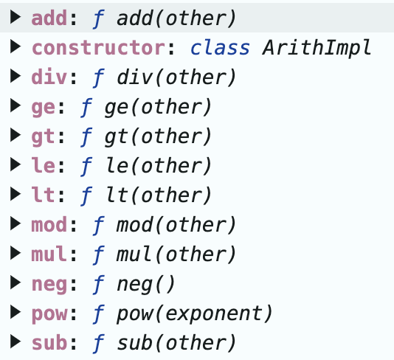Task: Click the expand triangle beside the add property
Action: click(x=15, y=17)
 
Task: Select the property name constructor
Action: click(x=98, y=48)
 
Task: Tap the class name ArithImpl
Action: click(x=317, y=48)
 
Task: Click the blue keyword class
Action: click(x=220, y=47)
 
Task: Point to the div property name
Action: click(x=49, y=77)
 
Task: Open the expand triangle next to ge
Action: click(x=15, y=105)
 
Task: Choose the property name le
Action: click(x=44, y=165)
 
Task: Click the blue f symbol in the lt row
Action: click(x=86, y=195)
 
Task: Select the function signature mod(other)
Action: click(x=176, y=224)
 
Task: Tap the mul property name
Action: click(x=49, y=254)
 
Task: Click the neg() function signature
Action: click(x=145, y=285)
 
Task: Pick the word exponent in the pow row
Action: click(x=213, y=314)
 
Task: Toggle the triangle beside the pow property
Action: click(x=15, y=312)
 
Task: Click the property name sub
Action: click(x=49, y=342)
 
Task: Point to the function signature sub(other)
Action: click(x=176, y=343)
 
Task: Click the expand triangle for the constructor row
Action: click(x=15, y=46)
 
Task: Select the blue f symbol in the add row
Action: click(x=99, y=18)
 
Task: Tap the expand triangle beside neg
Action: click(x=15, y=283)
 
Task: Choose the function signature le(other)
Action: click(x=159, y=166)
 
